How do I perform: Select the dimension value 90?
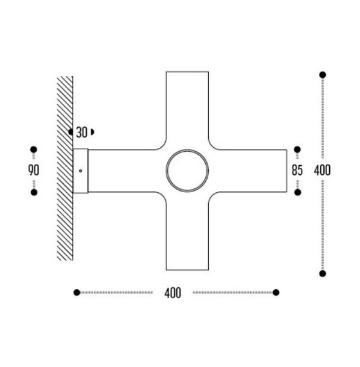tap(34, 171)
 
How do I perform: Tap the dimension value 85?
tap(297, 171)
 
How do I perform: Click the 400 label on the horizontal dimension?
tap(173, 293)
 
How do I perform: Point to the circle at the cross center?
tap(187, 171)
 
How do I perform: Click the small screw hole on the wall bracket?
tap(80, 171)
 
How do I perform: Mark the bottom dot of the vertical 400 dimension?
tap(322, 273)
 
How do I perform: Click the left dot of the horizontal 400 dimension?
tap(77, 292)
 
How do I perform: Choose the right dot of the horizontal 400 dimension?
tap(276, 292)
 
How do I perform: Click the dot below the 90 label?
tap(34, 192)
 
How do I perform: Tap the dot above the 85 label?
tap(297, 150)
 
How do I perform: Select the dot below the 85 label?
tap(297, 192)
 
